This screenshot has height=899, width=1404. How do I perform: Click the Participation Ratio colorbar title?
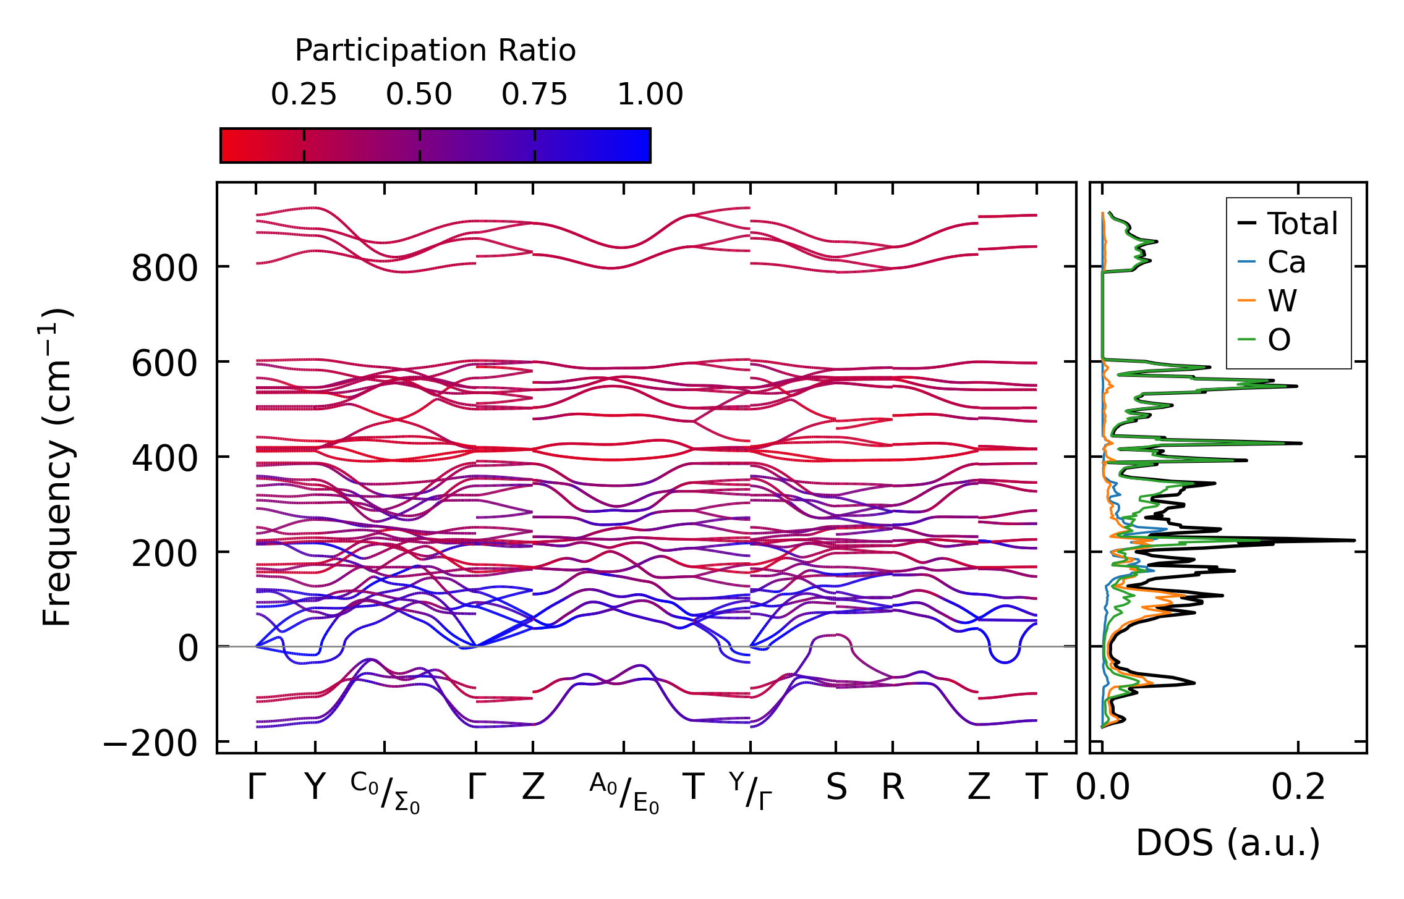435,51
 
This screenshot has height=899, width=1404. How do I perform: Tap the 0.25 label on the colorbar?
304,95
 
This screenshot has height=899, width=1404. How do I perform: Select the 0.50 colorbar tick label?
419,95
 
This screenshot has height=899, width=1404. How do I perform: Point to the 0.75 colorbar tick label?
534,95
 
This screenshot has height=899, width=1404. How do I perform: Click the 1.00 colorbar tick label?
650,95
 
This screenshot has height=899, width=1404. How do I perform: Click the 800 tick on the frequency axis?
164,269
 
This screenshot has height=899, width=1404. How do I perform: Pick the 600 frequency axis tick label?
164,364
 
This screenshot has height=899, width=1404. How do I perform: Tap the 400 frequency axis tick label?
164,459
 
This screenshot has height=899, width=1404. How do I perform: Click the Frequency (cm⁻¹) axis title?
57,467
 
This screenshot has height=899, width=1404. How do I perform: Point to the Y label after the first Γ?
315,787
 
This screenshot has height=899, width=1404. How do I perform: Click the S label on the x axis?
836,787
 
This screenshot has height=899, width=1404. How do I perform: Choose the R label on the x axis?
893,787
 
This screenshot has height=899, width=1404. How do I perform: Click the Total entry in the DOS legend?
1302,223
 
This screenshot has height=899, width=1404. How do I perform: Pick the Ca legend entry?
1287,262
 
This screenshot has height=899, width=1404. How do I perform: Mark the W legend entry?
1282,301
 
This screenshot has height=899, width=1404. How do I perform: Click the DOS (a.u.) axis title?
1228,843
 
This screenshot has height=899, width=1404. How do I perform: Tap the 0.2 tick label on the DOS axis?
1298,787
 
